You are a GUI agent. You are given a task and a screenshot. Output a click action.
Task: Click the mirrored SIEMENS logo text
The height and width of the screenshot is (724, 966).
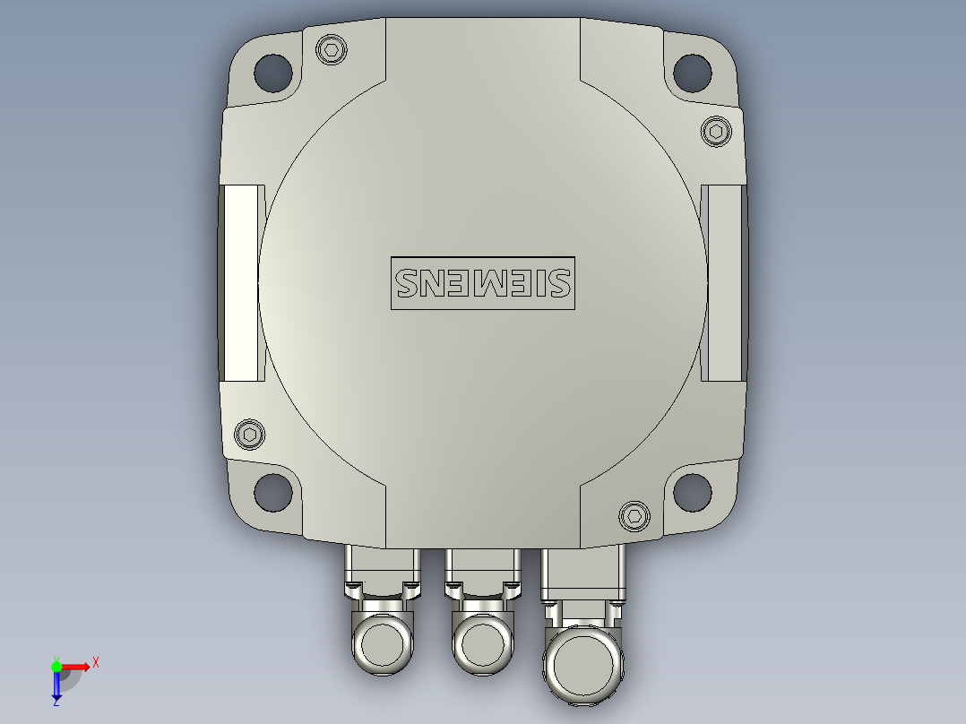pos(482,283)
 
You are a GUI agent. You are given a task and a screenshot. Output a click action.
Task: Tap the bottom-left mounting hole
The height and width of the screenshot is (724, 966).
pos(273,490)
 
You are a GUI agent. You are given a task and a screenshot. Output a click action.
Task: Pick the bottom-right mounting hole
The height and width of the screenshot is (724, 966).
pos(692,490)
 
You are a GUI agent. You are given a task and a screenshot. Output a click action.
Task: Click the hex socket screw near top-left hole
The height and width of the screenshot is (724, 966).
pos(332,49)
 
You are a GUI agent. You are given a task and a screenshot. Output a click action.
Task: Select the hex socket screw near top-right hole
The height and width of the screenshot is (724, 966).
pos(715,131)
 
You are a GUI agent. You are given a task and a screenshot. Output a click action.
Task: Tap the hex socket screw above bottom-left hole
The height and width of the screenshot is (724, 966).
pos(250,435)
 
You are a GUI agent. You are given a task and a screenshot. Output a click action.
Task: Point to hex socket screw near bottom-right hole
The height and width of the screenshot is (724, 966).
pos(634,515)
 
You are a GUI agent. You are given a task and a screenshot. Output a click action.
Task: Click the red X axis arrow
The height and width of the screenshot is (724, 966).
pos(77,667)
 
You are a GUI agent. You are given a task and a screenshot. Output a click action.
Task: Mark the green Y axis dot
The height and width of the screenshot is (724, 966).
pos(56,666)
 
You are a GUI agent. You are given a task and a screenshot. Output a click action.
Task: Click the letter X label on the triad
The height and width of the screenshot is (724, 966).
pos(96,662)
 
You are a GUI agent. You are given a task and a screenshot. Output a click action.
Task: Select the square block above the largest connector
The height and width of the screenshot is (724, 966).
pos(582,573)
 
